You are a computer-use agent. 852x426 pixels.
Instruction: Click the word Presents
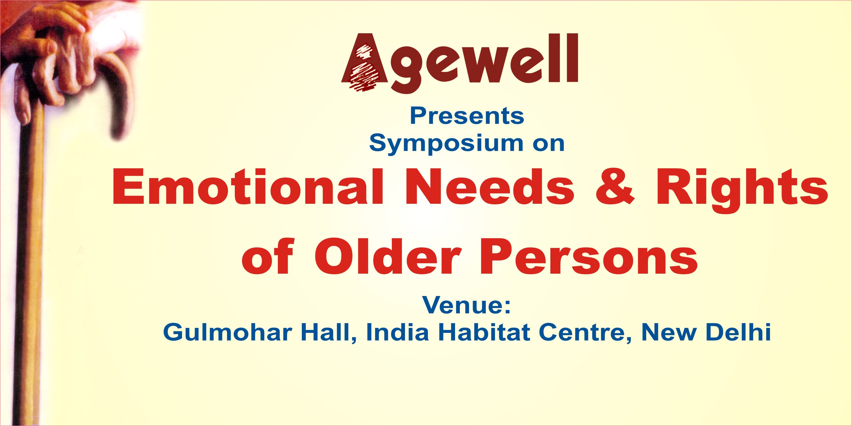pos(467,116)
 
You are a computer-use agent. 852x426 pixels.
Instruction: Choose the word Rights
pos(742,190)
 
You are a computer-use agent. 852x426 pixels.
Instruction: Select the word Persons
pos(588,256)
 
